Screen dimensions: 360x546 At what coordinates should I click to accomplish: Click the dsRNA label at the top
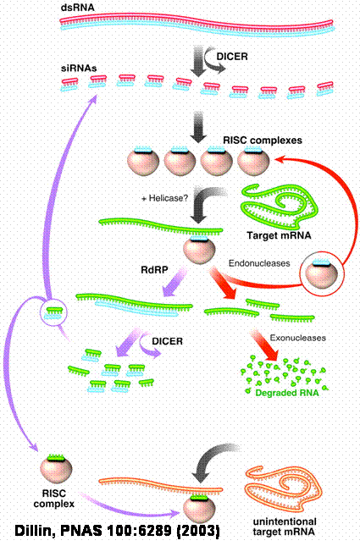77,8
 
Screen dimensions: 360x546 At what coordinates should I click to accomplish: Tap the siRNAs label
79,68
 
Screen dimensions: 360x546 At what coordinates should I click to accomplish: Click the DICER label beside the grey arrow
232,57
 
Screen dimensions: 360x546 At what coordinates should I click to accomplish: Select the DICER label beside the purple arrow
167,341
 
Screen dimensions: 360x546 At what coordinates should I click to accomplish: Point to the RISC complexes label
263,141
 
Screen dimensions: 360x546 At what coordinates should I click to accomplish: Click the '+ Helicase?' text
164,198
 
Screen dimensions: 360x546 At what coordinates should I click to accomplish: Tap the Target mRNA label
280,235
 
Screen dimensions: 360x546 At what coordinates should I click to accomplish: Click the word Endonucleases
259,263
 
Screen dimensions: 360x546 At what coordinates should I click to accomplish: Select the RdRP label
154,269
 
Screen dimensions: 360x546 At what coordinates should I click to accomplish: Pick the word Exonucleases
298,338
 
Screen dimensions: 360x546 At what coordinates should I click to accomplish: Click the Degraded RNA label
287,393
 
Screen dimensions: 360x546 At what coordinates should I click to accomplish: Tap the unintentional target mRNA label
285,527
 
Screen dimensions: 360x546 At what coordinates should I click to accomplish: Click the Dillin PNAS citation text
118,531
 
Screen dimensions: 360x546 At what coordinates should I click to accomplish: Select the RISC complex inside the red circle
321,273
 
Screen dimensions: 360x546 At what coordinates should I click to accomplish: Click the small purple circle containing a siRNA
53,312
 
